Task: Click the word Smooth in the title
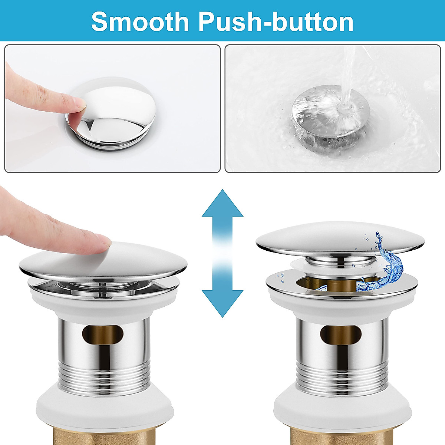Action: point(140,22)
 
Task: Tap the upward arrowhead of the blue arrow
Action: point(222,204)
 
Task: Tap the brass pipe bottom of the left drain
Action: point(103,434)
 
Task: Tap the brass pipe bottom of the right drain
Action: point(340,434)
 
